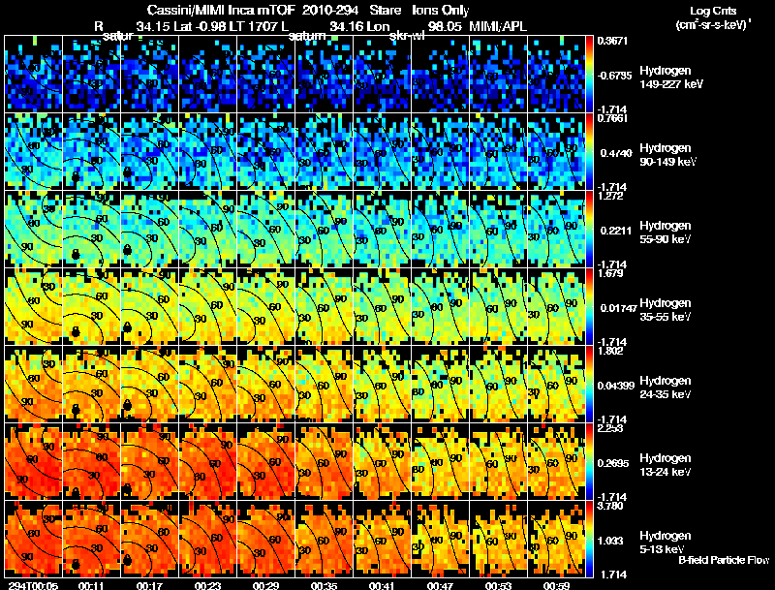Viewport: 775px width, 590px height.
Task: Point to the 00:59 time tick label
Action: (x=555, y=585)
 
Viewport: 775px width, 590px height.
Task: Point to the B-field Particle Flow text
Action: (x=724, y=560)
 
